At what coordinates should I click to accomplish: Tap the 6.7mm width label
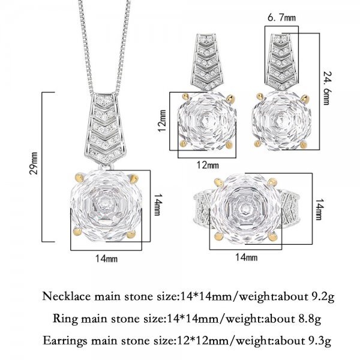coord(282,17)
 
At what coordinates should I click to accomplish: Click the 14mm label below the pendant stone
coord(107,259)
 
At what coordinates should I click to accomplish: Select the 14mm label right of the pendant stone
coord(157,205)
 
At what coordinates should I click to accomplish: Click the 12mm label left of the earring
coord(162,121)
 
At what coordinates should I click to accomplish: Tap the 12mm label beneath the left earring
coord(208,165)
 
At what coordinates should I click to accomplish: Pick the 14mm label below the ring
coord(247,257)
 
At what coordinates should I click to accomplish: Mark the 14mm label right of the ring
coord(319,209)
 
